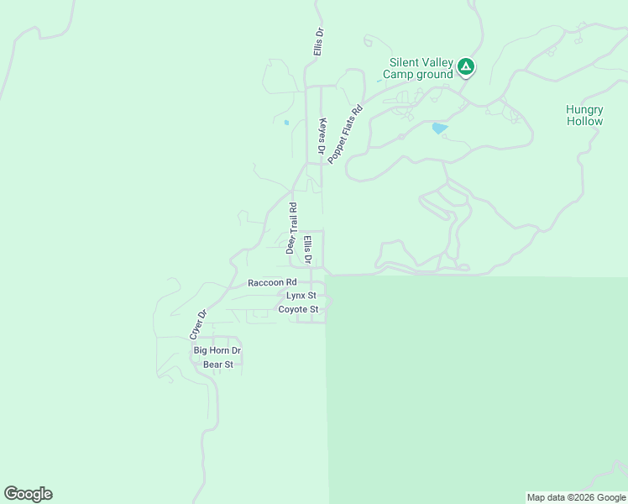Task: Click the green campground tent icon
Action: pyautogui.click(x=465, y=66)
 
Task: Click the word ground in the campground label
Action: pyautogui.click(x=434, y=74)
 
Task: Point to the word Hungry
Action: pyautogui.click(x=584, y=109)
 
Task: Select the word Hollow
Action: pyautogui.click(x=584, y=121)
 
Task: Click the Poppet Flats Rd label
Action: pyautogui.click(x=344, y=134)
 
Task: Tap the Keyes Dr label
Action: pyautogui.click(x=321, y=135)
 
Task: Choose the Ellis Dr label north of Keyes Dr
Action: pyautogui.click(x=318, y=43)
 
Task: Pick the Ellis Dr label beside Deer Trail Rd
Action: pyautogui.click(x=307, y=250)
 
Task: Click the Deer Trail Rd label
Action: pyautogui.click(x=291, y=228)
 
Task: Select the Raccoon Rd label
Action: pyautogui.click(x=272, y=283)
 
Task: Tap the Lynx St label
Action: pyautogui.click(x=301, y=296)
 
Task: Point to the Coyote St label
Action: pyautogui.click(x=298, y=309)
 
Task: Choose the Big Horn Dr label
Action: pyautogui.click(x=217, y=350)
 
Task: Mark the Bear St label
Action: pyautogui.click(x=217, y=365)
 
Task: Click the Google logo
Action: pyautogui.click(x=28, y=494)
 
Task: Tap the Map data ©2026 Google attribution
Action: pyautogui.click(x=576, y=497)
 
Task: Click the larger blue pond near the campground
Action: pyautogui.click(x=438, y=129)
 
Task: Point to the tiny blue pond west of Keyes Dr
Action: pyautogui.click(x=286, y=123)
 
